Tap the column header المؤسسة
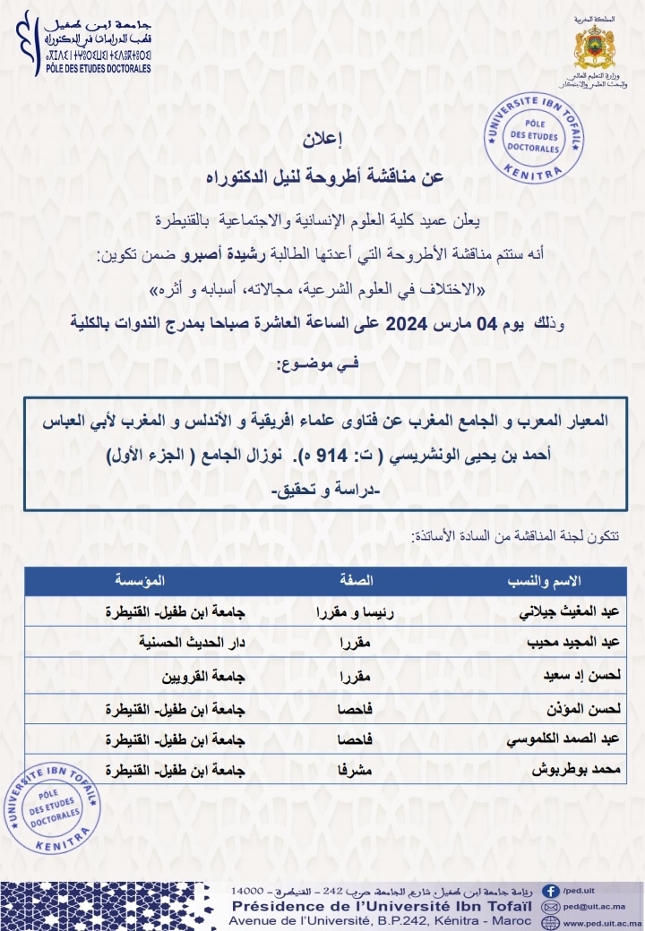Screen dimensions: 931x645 pos(140,580)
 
